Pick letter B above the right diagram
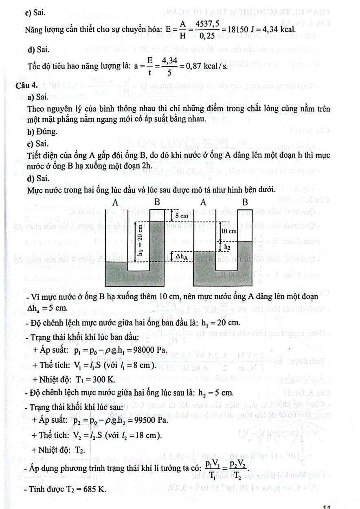tap(245, 202)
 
